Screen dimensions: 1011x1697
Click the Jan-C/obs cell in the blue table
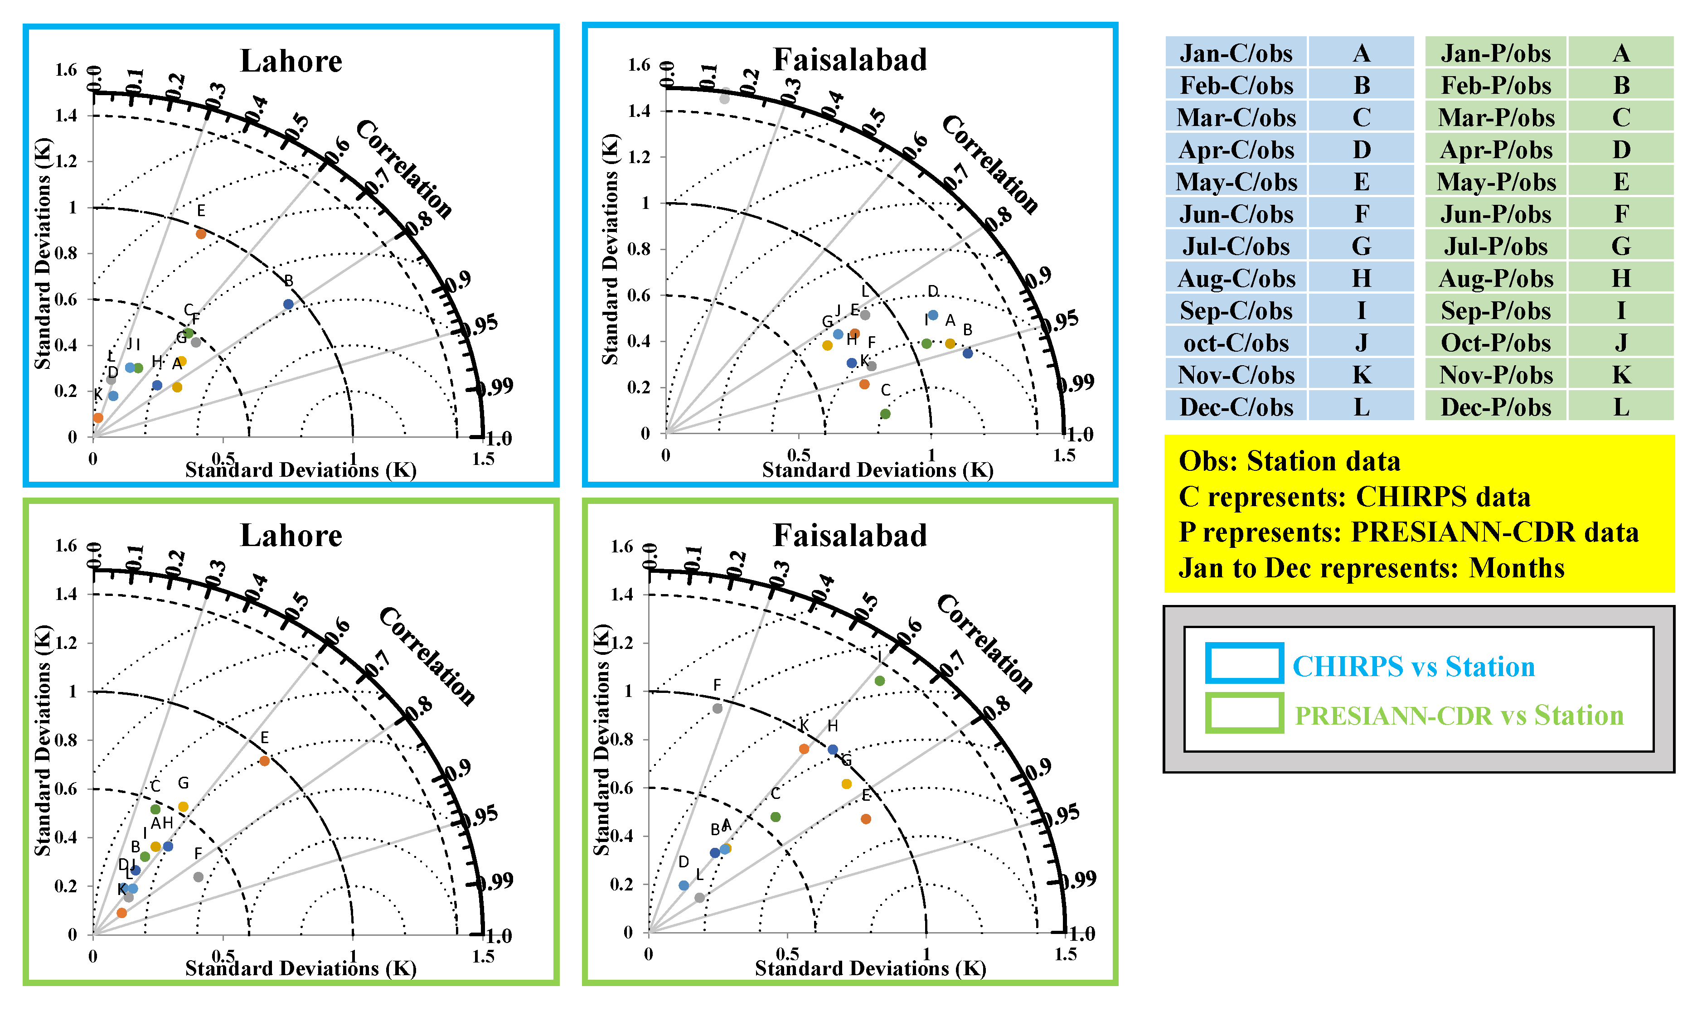coord(1235,53)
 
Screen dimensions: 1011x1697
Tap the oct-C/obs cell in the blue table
coord(1235,343)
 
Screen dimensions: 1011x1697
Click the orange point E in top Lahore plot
coord(201,234)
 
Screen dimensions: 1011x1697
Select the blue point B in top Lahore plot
coord(288,305)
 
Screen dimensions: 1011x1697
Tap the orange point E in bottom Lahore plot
coord(264,761)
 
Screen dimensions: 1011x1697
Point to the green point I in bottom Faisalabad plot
coord(879,681)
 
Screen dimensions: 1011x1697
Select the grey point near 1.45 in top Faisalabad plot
coord(724,99)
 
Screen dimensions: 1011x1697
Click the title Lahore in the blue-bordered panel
coord(291,61)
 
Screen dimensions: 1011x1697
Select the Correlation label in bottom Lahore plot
coord(427,656)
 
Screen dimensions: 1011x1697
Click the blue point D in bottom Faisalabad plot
coord(684,885)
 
